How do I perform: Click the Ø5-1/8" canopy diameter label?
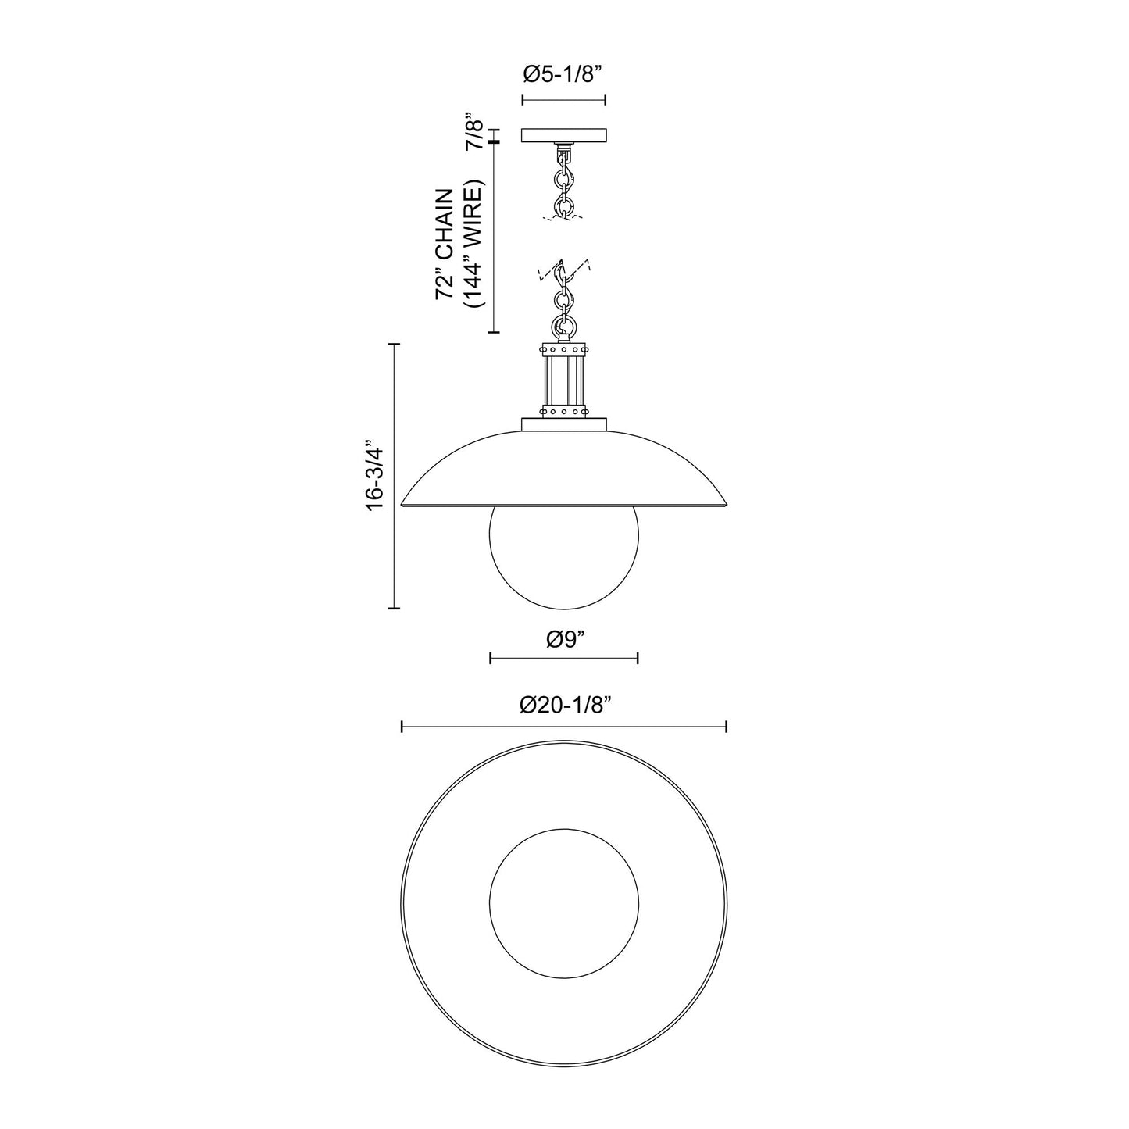(x=563, y=75)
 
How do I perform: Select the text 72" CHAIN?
(x=445, y=244)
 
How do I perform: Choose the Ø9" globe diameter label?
(x=565, y=639)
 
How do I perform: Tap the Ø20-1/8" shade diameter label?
(x=565, y=706)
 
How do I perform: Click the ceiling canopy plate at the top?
(x=563, y=135)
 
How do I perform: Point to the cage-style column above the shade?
(x=563, y=381)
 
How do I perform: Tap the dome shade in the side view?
(x=563, y=469)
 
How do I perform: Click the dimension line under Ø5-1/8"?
(x=563, y=100)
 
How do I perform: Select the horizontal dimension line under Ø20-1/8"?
(x=563, y=727)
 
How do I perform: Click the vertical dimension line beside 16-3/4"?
(x=394, y=475)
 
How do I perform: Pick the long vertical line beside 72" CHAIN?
(x=493, y=238)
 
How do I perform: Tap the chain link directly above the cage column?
(x=563, y=325)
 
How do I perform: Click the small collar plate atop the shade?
(x=563, y=424)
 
